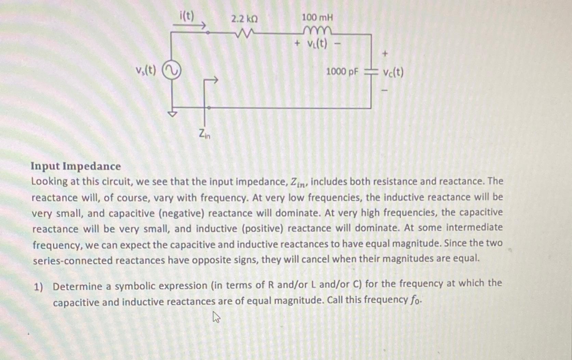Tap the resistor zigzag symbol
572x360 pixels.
pyautogui.click(x=244, y=33)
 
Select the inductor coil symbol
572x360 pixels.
pyautogui.click(x=317, y=31)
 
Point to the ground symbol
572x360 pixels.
pyautogui.click(x=172, y=113)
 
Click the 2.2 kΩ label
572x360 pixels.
pyautogui.click(x=244, y=19)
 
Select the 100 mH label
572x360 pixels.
pyautogui.click(x=317, y=17)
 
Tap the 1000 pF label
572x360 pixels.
pyautogui.click(x=342, y=72)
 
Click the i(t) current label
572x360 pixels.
pyautogui.click(x=187, y=15)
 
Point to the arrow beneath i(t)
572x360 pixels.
pyautogui.click(x=189, y=25)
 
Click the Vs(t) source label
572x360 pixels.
pyautogui.click(x=146, y=70)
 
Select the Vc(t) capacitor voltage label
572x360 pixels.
pyautogui.click(x=393, y=72)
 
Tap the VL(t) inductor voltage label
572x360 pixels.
pyautogui.click(x=317, y=44)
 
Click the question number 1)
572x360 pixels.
pyautogui.click(x=38, y=287)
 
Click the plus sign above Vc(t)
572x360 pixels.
pyautogui.click(x=385, y=54)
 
